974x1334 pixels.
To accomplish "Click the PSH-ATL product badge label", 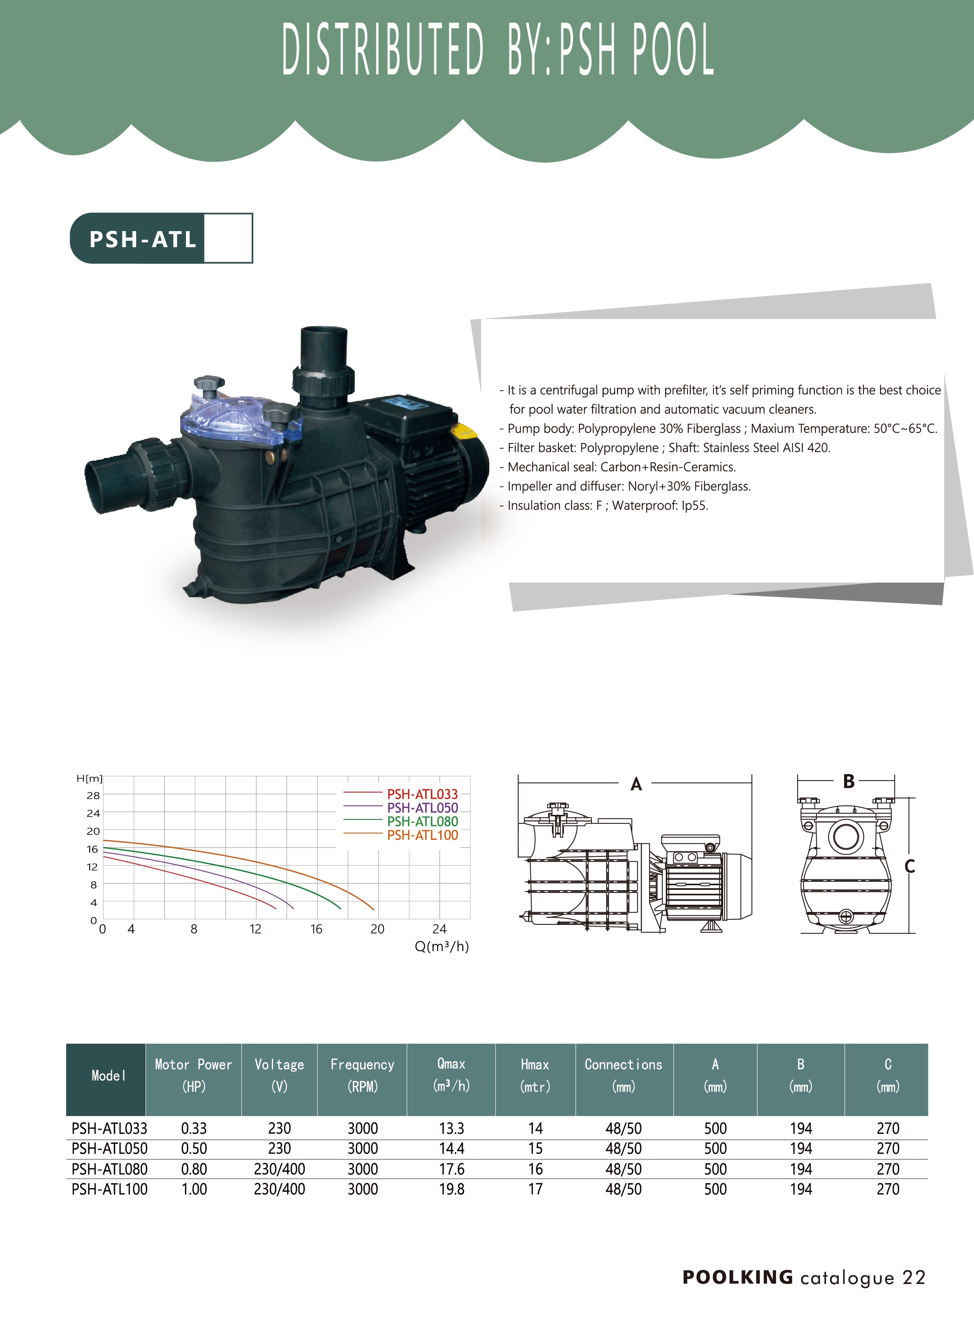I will pyautogui.click(x=143, y=239).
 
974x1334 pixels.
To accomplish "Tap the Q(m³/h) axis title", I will pyautogui.click(x=442, y=946).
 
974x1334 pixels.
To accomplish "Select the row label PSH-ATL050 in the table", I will pyautogui.click(x=109, y=1148).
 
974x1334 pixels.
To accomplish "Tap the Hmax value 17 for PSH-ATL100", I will pyautogui.click(x=535, y=1189).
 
